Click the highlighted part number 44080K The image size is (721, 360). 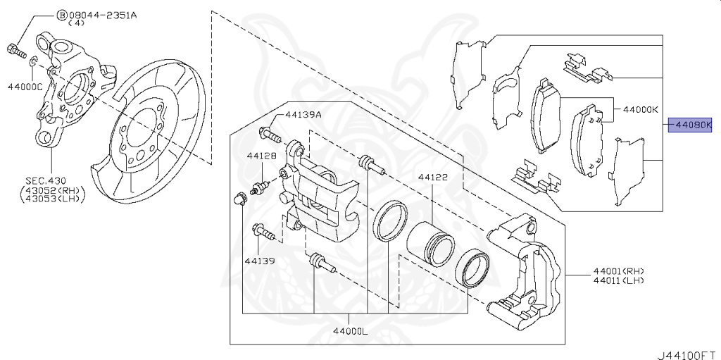tap(691, 125)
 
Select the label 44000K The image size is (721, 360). tap(640, 110)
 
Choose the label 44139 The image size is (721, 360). tap(260, 261)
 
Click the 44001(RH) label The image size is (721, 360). tap(617, 271)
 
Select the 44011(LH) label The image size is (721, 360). tap(617, 280)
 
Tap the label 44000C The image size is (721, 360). tap(25, 86)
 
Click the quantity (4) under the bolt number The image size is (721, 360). tap(79, 23)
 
